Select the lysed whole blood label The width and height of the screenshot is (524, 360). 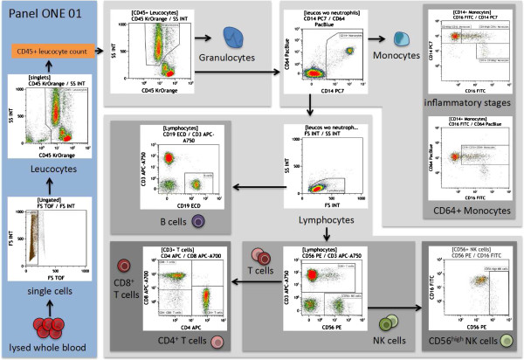click(45, 348)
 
